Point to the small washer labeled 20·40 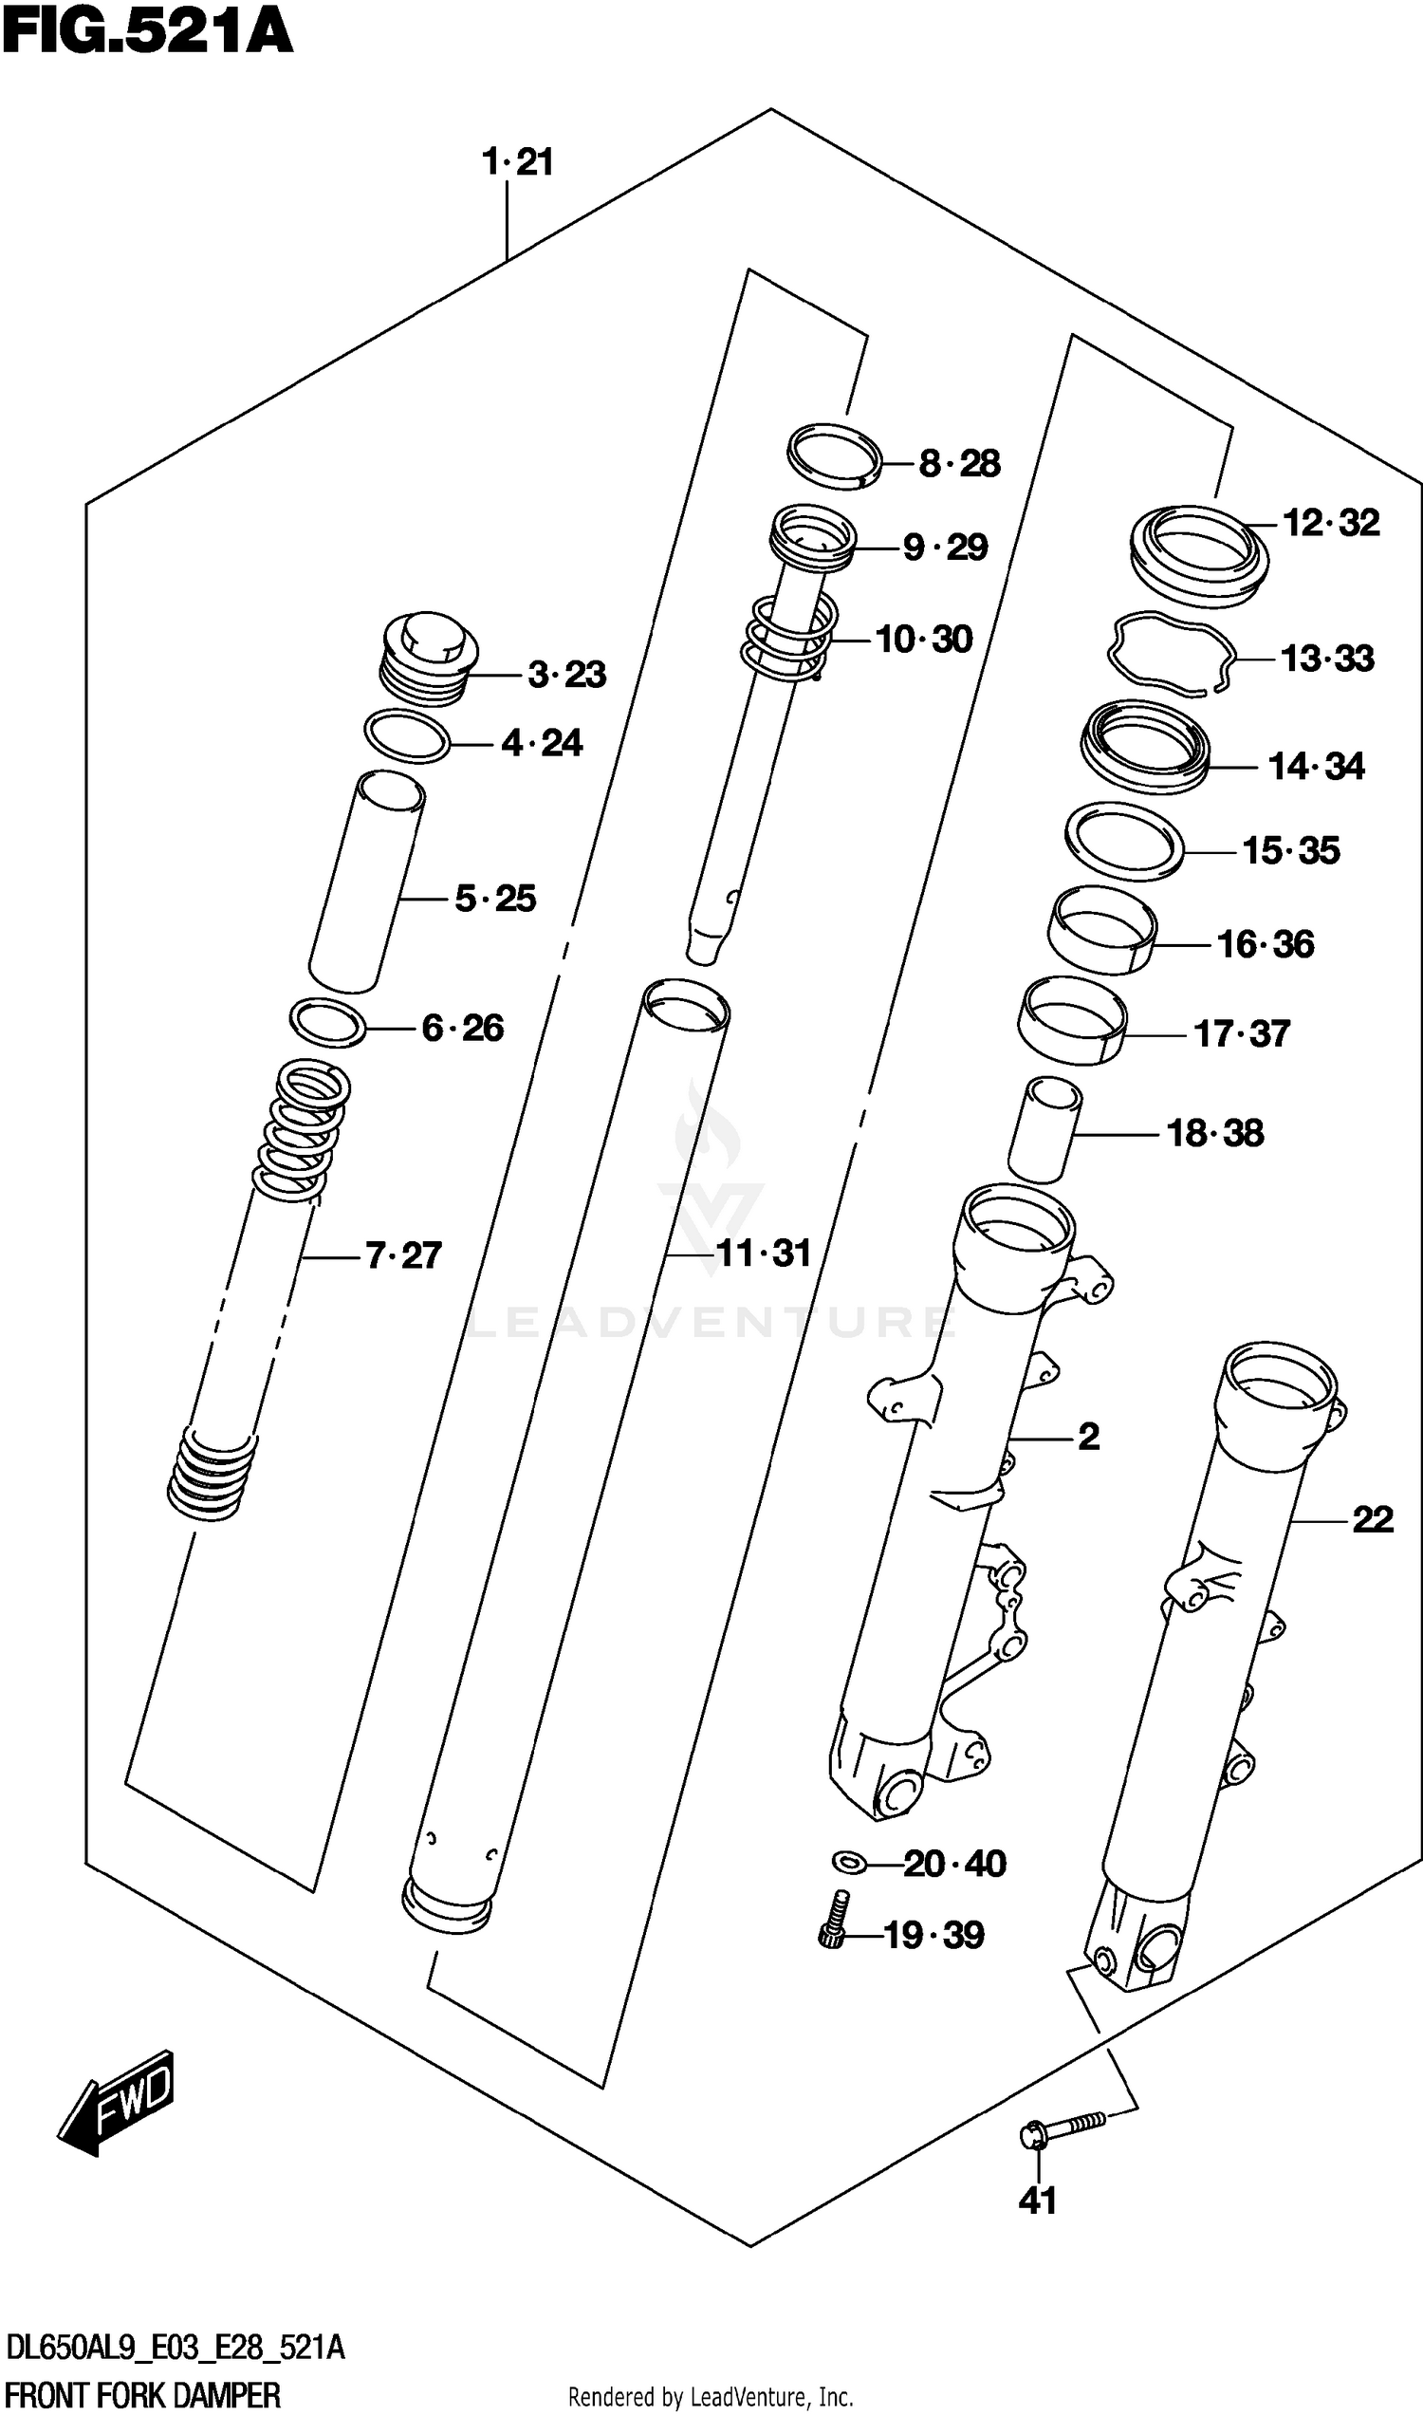tap(848, 1863)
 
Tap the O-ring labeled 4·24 tap(408, 736)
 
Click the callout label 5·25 tap(495, 899)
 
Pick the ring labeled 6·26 tap(327, 1023)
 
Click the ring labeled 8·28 tap(833, 455)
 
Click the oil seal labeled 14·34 tap(1145, 746)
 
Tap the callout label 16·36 tap(1265, 945)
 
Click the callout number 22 tap(1371, 1519)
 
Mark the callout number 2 tap(1088, 1437)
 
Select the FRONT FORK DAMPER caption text tap(144, 2396)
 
